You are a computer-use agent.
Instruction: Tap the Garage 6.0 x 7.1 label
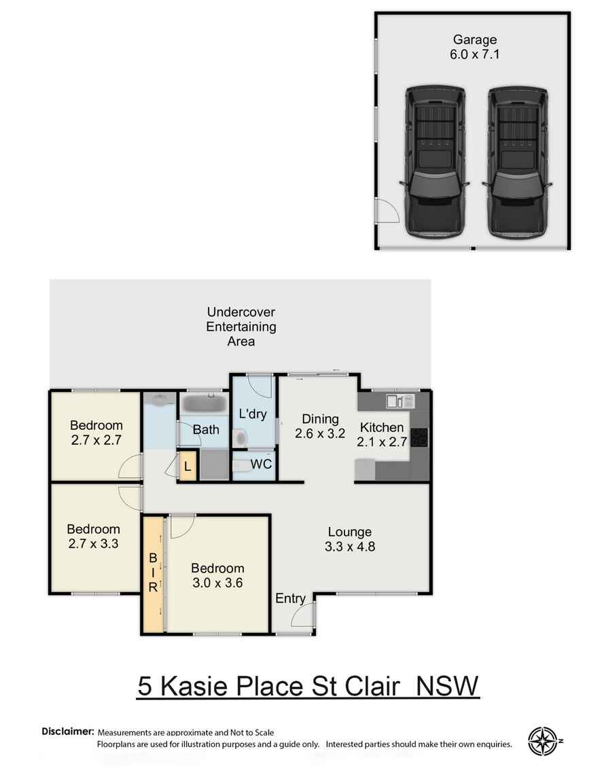pyautogui.click(x=474, y=48)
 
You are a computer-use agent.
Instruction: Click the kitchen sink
pyautogui.click(x=395, y=401)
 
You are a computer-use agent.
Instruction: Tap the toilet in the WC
pyautogui.click(x=241, y=465)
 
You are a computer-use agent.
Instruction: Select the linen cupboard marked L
pyautogui.click(x=188, y=467)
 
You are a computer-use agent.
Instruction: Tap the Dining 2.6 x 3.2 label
pyautogui.click(x=320, y=426)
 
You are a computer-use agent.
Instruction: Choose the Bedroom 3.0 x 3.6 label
pyautogui.click(x=217, y=575)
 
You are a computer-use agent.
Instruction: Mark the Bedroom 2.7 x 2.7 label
pyautogui.click(x=96, y=433)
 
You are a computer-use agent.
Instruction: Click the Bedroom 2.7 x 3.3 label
pyautogui.click(x=93, y=536)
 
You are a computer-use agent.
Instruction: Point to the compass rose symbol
pyautogui.click(x=542, y=741)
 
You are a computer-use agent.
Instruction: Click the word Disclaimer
pyautogui.click(x=67, y=731)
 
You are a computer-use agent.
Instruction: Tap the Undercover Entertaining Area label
pyautogui.click(x=241, y=327)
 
